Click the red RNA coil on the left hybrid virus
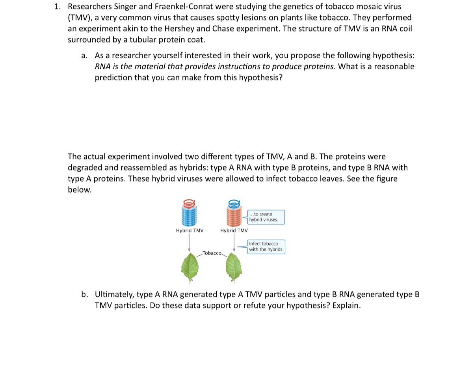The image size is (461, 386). click(189, 203)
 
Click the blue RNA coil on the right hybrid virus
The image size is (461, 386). click(234, 203)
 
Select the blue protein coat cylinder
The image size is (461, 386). click(189, 216)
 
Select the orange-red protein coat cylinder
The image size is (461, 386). click(234, 216)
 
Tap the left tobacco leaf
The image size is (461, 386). click(190, 267)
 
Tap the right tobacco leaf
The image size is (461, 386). click(234, 267)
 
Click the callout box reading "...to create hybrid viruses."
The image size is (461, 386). click(266, 217)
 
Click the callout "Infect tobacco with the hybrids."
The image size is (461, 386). click(266, 247)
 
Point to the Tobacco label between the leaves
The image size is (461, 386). click(212, 253)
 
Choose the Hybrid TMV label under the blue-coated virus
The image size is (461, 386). click(190, 230)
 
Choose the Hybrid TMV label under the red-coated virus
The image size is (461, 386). click(234, 230)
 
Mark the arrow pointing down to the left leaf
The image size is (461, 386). click(189, 243)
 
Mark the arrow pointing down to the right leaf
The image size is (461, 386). click(234, 243)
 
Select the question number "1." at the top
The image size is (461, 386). click(58, 6)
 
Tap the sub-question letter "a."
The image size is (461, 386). click(84, 56)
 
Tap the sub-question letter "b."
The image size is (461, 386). click(85, 294)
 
